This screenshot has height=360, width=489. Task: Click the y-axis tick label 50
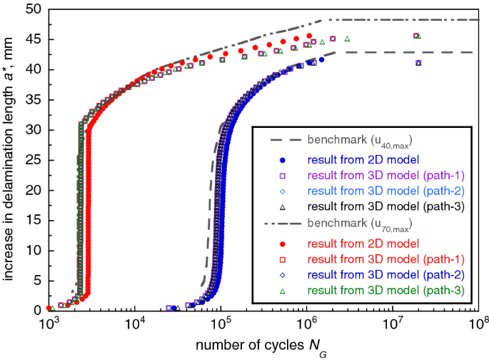pos(33,11)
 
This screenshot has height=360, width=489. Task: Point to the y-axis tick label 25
pos(33,160)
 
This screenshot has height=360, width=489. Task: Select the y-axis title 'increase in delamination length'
pos(10,160)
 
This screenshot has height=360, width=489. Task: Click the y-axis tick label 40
pos(33,71)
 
